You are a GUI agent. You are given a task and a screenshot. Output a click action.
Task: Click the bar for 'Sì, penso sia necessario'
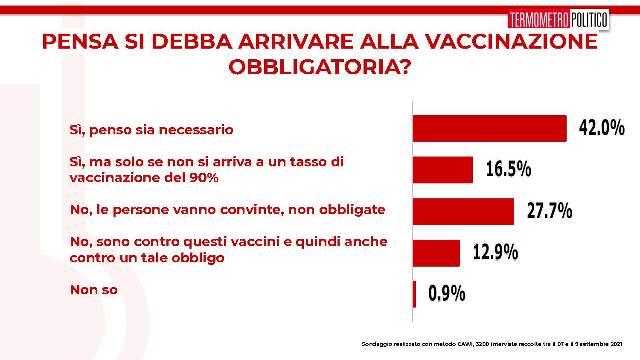click(x=489, y=128)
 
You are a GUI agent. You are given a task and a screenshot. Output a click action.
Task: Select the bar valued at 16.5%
click(x=442, y=170)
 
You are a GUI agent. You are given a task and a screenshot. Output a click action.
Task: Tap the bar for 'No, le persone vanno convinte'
click(x=463, y=212)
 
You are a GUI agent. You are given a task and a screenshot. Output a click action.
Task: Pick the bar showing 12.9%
click(x=436, y=253)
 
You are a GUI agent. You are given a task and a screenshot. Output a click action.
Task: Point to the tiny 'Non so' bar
click(x=414, y=294)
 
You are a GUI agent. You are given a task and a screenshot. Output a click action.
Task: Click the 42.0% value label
click(x=602, y=128)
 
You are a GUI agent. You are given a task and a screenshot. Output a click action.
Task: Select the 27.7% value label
click(x=550, y=211)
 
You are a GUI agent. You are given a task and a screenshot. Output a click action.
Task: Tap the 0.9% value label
click(x=447, y=293)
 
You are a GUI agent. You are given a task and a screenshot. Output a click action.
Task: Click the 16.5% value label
click(x=509, y=169)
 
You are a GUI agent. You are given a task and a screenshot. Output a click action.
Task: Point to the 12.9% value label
click(x=495, y=252)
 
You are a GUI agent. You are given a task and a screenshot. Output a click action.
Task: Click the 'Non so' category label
click(x=94, y=290)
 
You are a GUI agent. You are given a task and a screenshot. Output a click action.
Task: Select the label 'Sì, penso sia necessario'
click(x=151, y=130)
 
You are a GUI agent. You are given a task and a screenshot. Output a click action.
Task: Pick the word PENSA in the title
click(x=80, y=42)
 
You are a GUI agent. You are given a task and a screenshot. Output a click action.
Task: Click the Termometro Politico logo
click(x=558, y=19)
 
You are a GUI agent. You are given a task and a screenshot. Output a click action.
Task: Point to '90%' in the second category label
click(x=204, y=178)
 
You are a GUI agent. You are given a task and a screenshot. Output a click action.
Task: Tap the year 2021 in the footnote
click(x=616, y=344)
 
